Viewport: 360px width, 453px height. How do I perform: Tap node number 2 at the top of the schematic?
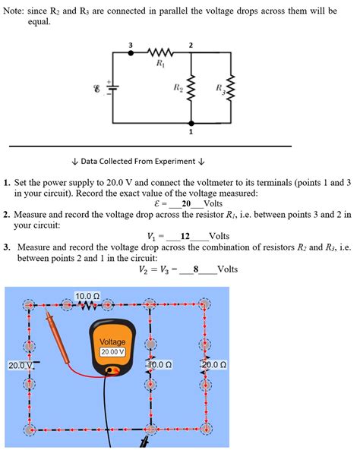[190, 46]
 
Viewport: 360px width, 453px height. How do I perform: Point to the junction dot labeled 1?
[191, 122]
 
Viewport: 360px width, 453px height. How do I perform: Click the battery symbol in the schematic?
[112, 89]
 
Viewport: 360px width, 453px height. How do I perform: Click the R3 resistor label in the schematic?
[219, 89]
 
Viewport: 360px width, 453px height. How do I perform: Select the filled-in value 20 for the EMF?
[186, 204]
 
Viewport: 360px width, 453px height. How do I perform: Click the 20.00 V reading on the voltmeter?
[113, 352]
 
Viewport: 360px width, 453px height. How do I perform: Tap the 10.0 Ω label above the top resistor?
[87, 296]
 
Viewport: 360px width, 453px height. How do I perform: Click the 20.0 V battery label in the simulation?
[20, 366]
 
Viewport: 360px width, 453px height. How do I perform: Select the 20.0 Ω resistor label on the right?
[214, 365]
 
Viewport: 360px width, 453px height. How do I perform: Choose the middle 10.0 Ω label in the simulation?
[159, 365]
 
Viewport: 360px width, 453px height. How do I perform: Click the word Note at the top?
[17, 11]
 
